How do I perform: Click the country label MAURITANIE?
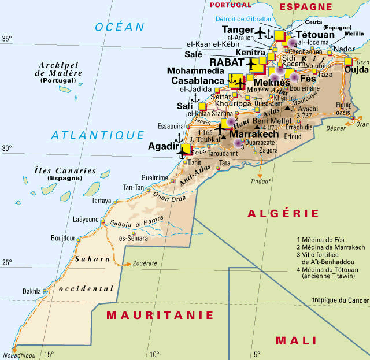pyautogui.click(x=160, y=315)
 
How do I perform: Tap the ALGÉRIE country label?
pyautogui.click(x=283, y=214)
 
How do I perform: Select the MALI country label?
pyautogui.click(x=295, y=340)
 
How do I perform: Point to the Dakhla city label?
pyautogui.click(x=32, y=291)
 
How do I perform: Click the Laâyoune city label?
pyautogui.click(x=86, y=220)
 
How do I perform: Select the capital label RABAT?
pyautogui.click(x=227, y=62)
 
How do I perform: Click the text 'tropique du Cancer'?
pyautogui.click(x=340, y=300)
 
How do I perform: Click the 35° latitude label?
pyautogui.click(x=6, y=39)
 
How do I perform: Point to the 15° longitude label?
pyautogui.click(x=49, y=354)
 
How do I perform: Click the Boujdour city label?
pyautogui.click(x=63, y=238)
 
